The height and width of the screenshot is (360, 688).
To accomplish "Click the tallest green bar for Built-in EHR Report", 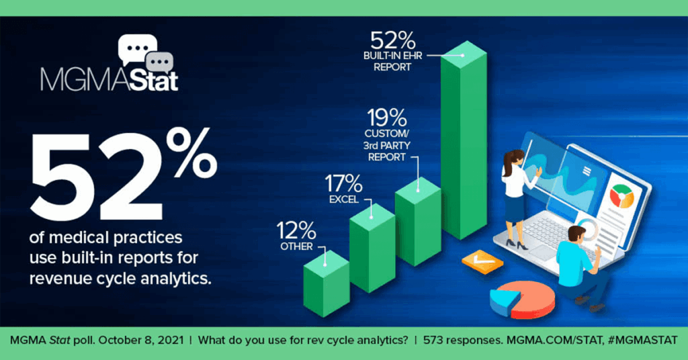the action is click(464, 140).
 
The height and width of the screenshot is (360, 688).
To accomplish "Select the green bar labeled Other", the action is click(326, 283).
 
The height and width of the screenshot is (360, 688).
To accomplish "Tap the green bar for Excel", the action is click(372, 249).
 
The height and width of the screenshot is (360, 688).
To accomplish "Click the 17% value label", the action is click(343, 183).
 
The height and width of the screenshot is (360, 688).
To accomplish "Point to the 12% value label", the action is click(296, 230).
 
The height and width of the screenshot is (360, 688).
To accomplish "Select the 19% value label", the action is click(387, 118).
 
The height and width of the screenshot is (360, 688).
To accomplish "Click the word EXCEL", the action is click(344, 199).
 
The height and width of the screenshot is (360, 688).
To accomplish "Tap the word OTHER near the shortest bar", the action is click(296, 246).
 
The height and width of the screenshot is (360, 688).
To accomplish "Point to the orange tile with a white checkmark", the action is click(482, 262).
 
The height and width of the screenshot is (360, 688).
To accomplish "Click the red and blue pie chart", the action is click(522, 300).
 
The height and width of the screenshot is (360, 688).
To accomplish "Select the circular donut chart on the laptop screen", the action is click(621, 196).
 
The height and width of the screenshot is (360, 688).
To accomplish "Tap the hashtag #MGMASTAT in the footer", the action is click(643, 341).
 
